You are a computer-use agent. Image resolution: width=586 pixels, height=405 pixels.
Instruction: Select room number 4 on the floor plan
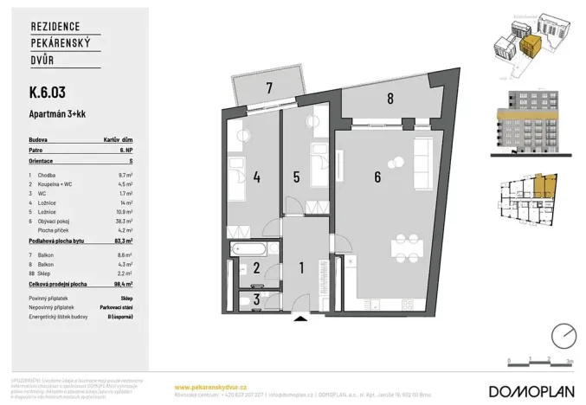pyautogui.click(x=257, y=177)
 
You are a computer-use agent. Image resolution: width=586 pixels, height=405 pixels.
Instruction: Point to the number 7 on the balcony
pyautogui.click(x=269, y=87)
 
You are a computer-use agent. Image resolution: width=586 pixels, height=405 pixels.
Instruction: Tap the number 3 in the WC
pyautogui.click(x=256, y=299)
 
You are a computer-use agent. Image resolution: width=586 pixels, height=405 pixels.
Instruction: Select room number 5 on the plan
pyautogui.click(x=296, y=177)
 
